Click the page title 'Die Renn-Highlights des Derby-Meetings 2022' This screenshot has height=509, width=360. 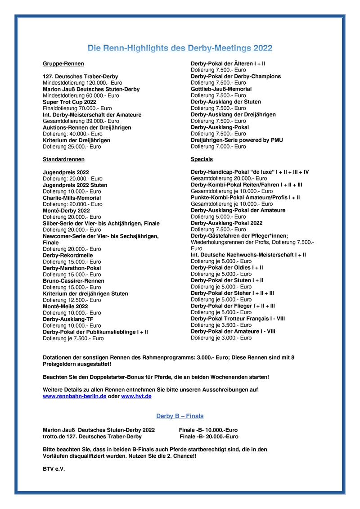tap(180, 48)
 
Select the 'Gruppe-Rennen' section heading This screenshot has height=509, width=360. tap(63, 64)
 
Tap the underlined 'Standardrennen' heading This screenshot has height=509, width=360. tap(63, 159)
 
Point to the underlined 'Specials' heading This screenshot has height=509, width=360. tap(202, 159)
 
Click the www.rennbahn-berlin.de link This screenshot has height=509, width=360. tap(74, 396)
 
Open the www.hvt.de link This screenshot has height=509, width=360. tap(136, 396)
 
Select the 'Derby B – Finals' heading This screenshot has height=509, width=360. tap(180, 416)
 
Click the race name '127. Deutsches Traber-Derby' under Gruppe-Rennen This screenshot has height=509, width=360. tap(80, 77)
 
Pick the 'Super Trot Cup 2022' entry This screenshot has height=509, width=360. tap(69, 102)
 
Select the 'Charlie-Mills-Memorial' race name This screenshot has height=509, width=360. tap(72, 198)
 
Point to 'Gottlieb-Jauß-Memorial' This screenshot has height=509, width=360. tap(221, 89)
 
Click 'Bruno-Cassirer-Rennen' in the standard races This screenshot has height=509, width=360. tap(73, 281)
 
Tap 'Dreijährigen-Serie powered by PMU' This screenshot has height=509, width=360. tap(237, 140)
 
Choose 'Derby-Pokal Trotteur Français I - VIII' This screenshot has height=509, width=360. tap(238, 318)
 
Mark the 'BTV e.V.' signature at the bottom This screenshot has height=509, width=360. tap(54, 468)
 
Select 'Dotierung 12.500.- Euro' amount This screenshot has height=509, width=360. tap(72, 300)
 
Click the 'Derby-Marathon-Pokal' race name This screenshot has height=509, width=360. tap(72, 268)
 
